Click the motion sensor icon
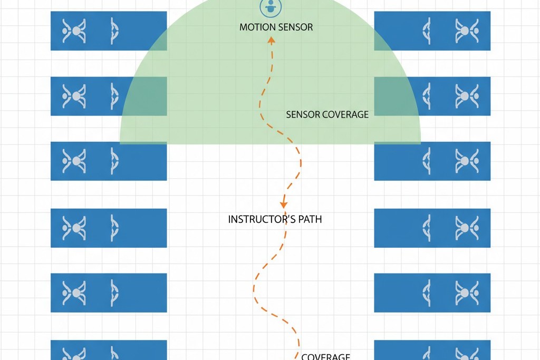(271, 7)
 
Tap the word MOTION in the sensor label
(255, 27)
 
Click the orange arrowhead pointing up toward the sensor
(272, 41)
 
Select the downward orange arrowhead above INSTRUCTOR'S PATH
(283, 204)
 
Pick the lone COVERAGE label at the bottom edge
(326, 356)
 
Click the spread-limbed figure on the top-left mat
(74, 31)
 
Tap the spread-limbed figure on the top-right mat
(467, 31)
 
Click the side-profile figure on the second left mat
(114, 96)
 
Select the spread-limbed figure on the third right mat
(467, 161)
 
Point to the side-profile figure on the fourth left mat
(114, 228)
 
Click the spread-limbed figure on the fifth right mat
(467, 293)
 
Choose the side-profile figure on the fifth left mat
(114, 293)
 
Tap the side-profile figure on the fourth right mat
(427, 228)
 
